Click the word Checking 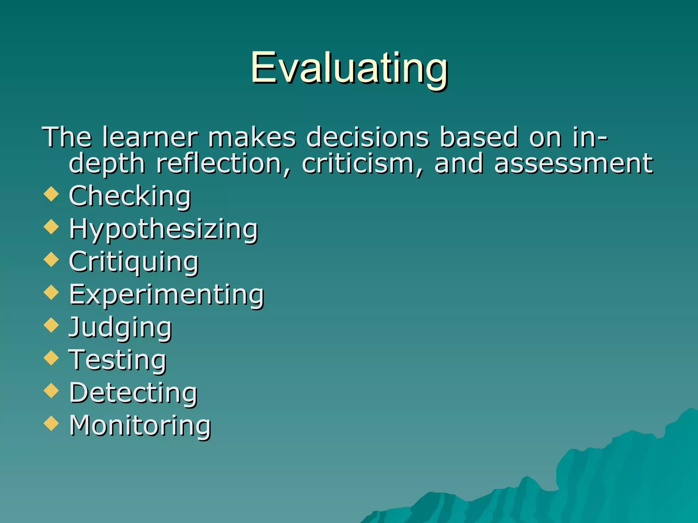[130, 196]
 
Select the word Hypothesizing [163, 229]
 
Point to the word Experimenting [167, 295]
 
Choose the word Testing [118, 360]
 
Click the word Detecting [133, 393]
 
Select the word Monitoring [140, 426]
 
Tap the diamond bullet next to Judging [51, 325]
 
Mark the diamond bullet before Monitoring [51, 423]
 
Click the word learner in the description [150, 137]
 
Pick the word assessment [573, 164]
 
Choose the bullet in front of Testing [51, 358]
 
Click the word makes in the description [252, 137]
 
